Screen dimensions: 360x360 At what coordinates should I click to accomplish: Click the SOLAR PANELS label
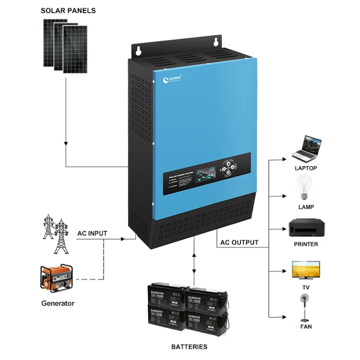click(x=68, y=10)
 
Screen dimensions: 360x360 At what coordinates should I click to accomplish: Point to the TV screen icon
click(x=306, y=268)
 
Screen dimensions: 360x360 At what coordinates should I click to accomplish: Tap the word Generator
click(x=58, y=303)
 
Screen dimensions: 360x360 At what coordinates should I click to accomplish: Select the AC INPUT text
click(x=92, y=233)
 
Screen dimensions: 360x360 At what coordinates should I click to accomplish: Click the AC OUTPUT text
click(x=239, y=243)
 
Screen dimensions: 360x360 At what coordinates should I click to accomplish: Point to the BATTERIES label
click(x=189, y=347)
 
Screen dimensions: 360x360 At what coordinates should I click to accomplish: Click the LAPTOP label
click(x=306, y=168)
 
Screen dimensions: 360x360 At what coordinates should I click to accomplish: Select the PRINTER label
click(x=306, y=244)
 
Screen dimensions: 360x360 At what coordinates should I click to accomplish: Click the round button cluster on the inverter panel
click(x=228, y=170)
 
